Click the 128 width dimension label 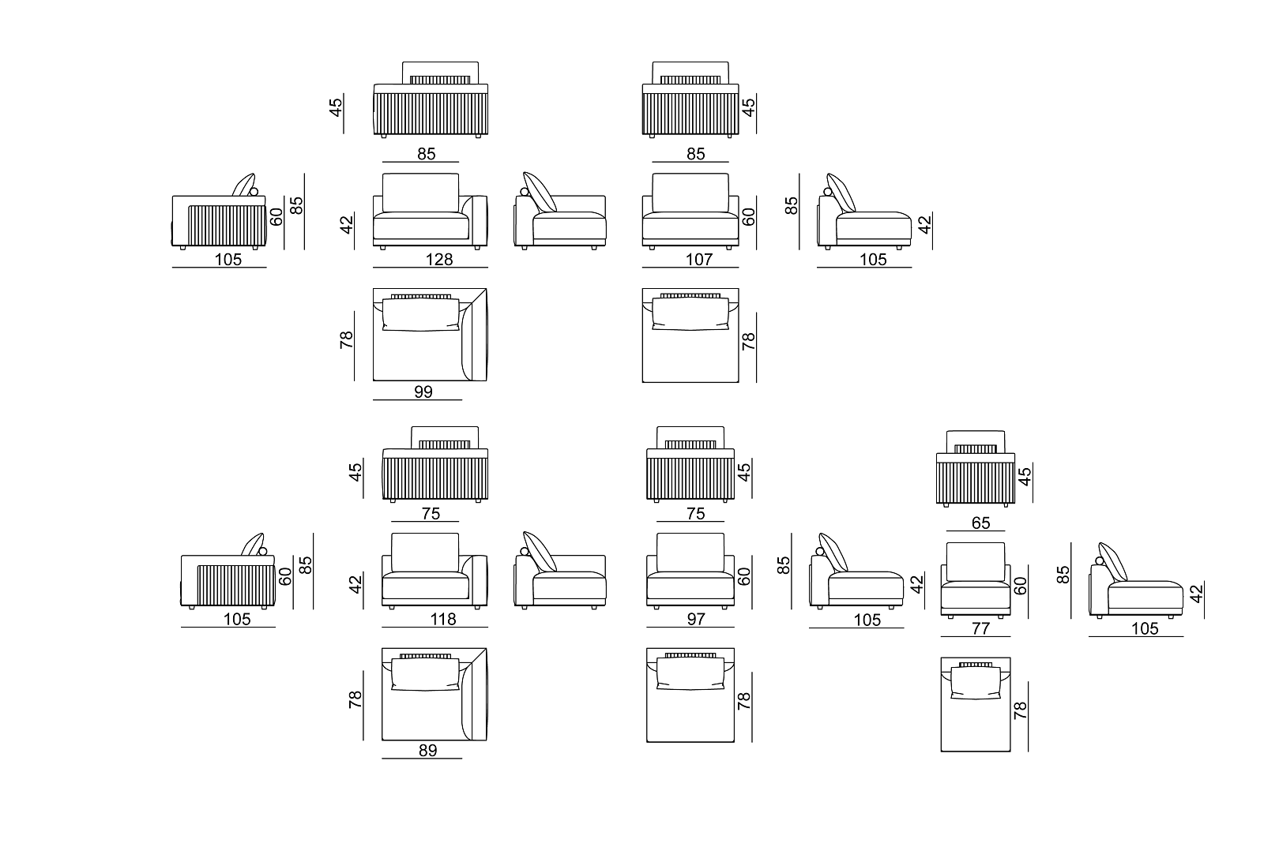pos(439,259)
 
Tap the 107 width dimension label pos(699,259)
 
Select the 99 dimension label pos(423,392)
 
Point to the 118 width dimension pos(442,620)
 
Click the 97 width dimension pos(695,620)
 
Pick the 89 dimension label pos(427,751)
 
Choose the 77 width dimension pos(980,629)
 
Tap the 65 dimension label pos(980,523)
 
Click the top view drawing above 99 pos(431,335)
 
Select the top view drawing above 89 pos(434,695)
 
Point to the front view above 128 pos(431,212)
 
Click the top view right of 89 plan pos(690,695)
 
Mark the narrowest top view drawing pos(975,703)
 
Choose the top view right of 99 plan pos(690,335)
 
